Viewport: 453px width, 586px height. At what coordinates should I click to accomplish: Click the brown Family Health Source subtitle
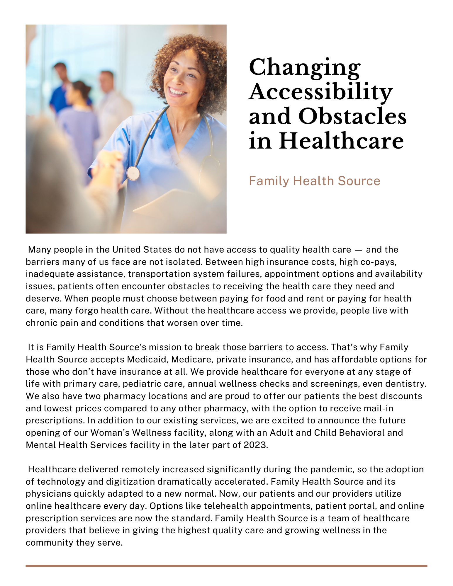[x=314, y=181]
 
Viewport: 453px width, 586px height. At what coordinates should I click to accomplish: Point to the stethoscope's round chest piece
[x=133, y=173]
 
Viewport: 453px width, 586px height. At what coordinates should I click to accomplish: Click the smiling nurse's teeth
[x=177, y=92]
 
